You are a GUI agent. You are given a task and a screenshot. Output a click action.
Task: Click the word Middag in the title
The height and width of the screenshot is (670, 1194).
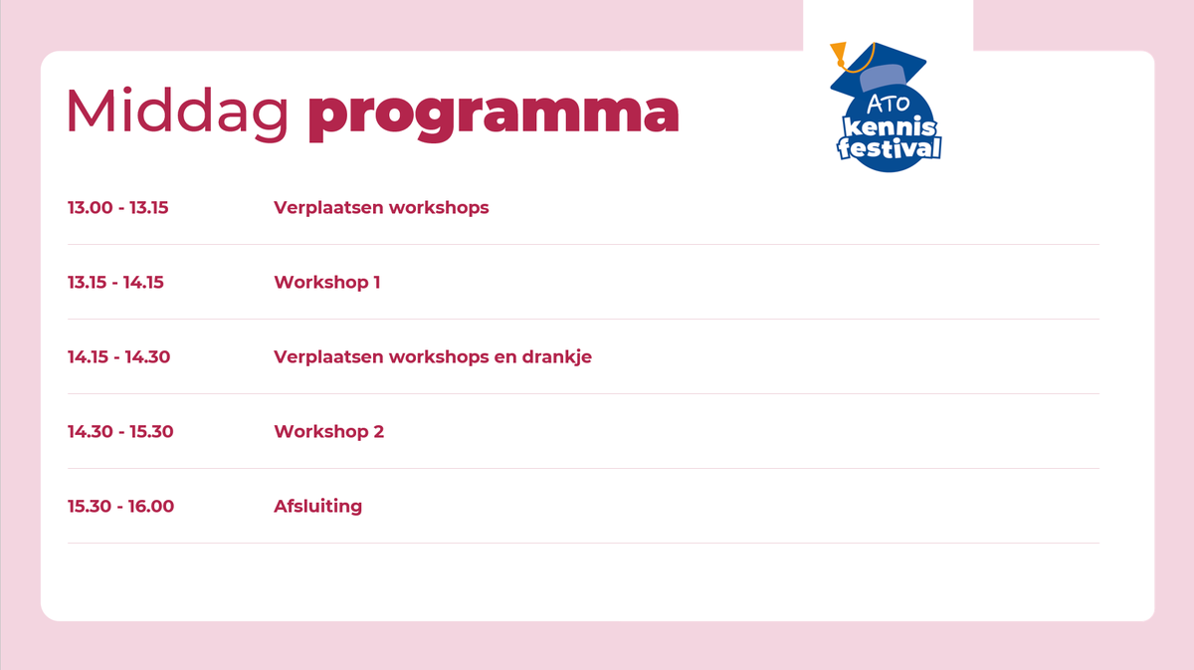coord(177,113)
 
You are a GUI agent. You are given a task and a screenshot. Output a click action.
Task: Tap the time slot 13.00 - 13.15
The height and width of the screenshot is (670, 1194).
coord(117,207)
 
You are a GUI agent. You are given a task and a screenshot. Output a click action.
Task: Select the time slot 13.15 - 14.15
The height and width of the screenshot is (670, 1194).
coord(115,282)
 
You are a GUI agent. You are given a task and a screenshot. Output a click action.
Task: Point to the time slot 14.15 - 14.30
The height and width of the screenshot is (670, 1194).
coord(118,356)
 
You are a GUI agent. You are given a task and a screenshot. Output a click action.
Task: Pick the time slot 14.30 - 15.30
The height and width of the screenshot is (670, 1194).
coord(120,431)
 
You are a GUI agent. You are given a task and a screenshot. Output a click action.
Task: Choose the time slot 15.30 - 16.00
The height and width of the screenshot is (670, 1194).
coord(121,507)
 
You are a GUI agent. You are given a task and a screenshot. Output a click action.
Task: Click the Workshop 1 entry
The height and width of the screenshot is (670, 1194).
coord(327,282)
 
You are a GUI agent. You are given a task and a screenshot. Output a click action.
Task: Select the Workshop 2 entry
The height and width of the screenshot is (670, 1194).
coord(329,431)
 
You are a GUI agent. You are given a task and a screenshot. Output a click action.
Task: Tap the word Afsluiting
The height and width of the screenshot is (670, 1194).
coord(318,506)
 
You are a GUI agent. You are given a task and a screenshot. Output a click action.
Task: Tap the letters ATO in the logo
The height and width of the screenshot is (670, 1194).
coord(888,104)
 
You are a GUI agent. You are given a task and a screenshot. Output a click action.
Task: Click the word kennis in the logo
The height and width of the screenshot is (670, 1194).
coord(890,127)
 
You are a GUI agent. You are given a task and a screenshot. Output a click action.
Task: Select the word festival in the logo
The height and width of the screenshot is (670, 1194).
coord(890,147)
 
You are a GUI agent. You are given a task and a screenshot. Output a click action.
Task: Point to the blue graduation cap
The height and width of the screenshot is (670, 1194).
coord(879,70)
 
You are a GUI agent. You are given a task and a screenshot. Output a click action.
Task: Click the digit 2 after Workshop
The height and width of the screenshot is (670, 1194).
coord(378,431)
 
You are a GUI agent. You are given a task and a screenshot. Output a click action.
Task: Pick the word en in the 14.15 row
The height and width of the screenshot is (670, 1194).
coord(505,357)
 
